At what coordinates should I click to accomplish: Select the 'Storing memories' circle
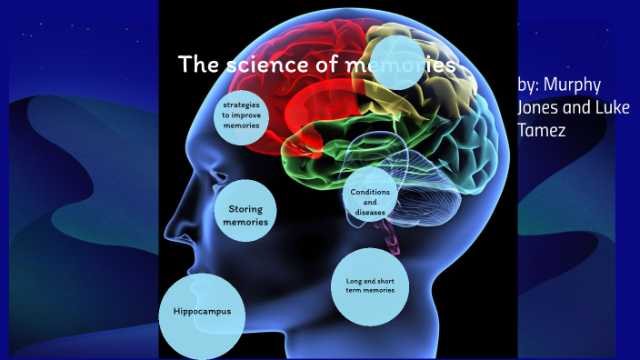coord(245,215)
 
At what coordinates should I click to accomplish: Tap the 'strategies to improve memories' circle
coord(241,115)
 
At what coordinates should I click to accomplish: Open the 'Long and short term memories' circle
coord(370,285)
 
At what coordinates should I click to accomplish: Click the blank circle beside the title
coord(398,65)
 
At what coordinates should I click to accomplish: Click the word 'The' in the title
coord(195,65)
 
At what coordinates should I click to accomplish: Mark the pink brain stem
coord(394,238)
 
